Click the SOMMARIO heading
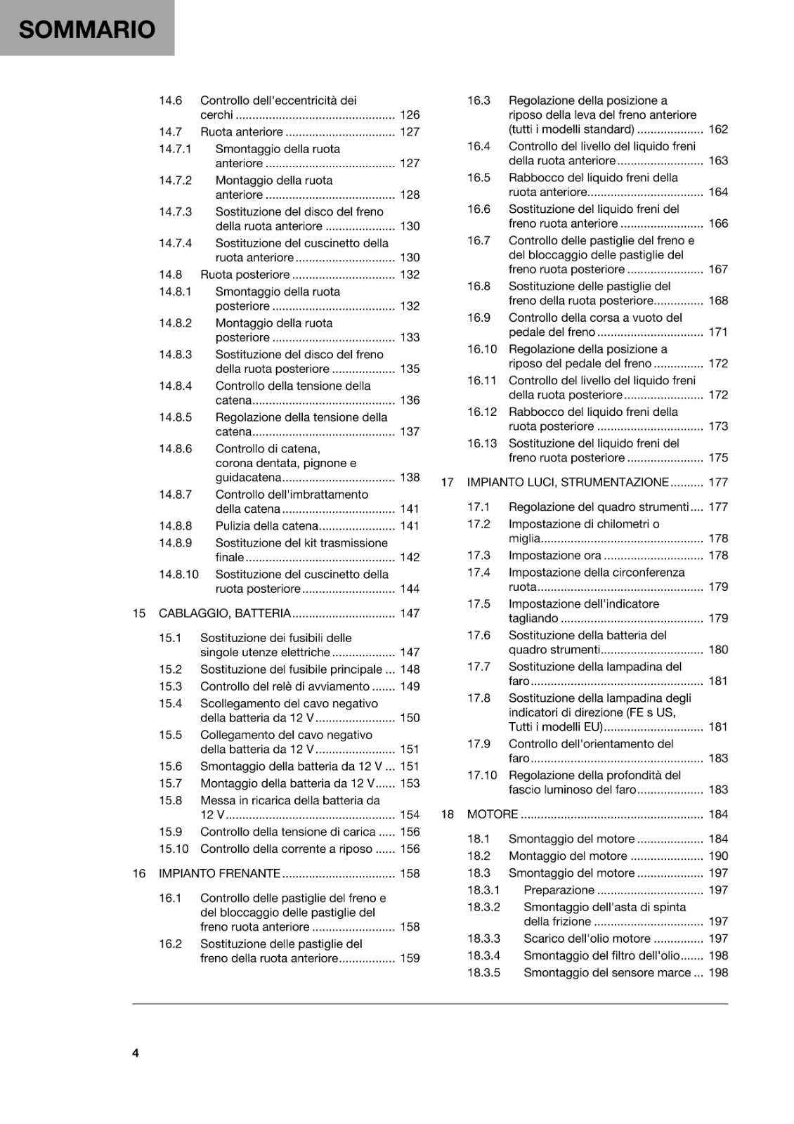pos(86,30)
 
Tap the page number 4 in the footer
pos(136,1052)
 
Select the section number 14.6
pos(170,100)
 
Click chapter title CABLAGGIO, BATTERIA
pos(224,613)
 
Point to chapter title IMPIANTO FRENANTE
pos(219,873)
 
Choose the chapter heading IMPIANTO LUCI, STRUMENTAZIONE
pos(567,482)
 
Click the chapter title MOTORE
pos(492,814)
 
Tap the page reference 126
pos(410,115)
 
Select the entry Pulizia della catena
pos(266,525)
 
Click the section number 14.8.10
pos(178,574)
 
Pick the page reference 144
pos(410,589)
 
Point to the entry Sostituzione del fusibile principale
pos(291,669)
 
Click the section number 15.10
pos(173,849)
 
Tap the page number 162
pos(718,129)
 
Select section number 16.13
pos(481,443)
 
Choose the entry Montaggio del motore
pos(567,856)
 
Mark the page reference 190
pos(718,856)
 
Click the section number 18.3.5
pos(483,972)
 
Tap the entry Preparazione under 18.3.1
pos(559,890)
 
